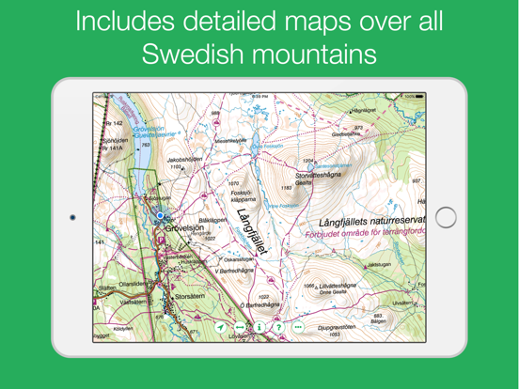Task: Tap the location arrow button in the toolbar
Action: (221, 327)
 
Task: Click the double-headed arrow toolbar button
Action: (240, 327)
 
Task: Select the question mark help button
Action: (278, 327)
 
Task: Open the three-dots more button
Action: (298, 327)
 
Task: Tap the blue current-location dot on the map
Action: (161, 217)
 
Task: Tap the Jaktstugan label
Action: (378, 264)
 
